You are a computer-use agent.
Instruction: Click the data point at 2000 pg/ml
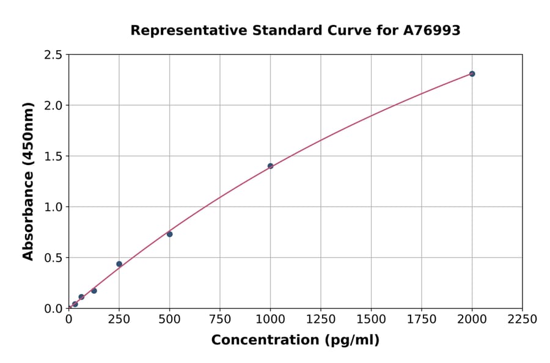click(x=472, y=74)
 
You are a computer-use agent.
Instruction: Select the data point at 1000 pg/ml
click(x=270, y=166)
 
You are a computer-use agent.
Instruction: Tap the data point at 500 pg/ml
click(x=170, y=234)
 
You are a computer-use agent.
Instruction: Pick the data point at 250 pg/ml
click(x=119, y=264)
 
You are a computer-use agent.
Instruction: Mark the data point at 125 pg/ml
click(x=94, y=291)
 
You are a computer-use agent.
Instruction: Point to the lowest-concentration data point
click(x=75, y=304)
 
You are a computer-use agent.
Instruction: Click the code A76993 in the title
click(x=432, y=31)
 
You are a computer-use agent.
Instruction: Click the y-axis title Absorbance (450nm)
click(x=28, y=182)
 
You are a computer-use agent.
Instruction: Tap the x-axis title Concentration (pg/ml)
click(x=295, y=340)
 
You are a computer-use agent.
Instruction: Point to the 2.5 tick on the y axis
click(x=53, y=55)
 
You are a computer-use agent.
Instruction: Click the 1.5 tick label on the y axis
click(x=53, y=156)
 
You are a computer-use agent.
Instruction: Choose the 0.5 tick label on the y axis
click(x=53, y=258)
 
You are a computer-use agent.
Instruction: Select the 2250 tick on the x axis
click(x=522, y=320)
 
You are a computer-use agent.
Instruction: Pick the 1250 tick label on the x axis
click(x=320, y=320)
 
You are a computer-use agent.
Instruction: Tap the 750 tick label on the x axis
click(x=220, y=320)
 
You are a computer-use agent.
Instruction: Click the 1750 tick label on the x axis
click(x=421, y=320)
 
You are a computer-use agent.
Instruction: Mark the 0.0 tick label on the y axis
click(x=53, y=309)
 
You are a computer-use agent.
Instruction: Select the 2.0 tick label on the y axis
click(x=53, y=106)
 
